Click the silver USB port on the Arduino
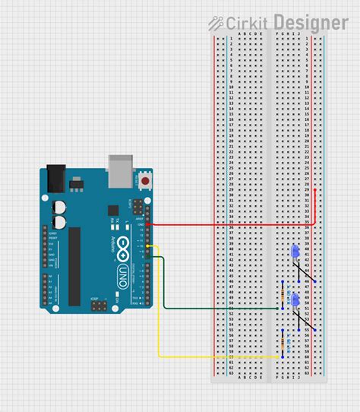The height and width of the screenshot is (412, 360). pyautogui.click(x=121, y=170)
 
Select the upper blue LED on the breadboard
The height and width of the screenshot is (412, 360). pyautogui.click(x=294, y=252)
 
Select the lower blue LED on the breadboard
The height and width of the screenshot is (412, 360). pyautogui.click(x=294, y=301)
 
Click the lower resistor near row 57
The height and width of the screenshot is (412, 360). pyautogui.click(x=283, y=343)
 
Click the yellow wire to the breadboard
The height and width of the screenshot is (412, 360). pyautogui.click(x=159, y=319)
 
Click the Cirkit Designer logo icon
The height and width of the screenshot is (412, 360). pyautogui.click(x=216, y=24)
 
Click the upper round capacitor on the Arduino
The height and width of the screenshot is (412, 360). pyautogui.click(x=58, y=206)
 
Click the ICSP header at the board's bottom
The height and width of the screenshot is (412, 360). pyautogui.click(x=98, y=306)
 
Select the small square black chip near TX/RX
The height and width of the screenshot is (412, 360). pyautogui.click(x=113, y=210)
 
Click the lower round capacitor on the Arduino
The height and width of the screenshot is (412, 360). pyautogui.click(x=58, y=221)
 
